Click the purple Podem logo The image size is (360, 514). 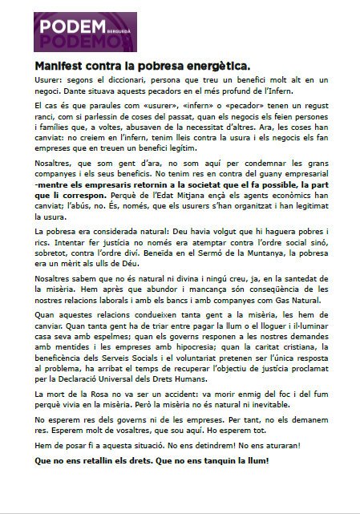[x=84, y=32]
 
